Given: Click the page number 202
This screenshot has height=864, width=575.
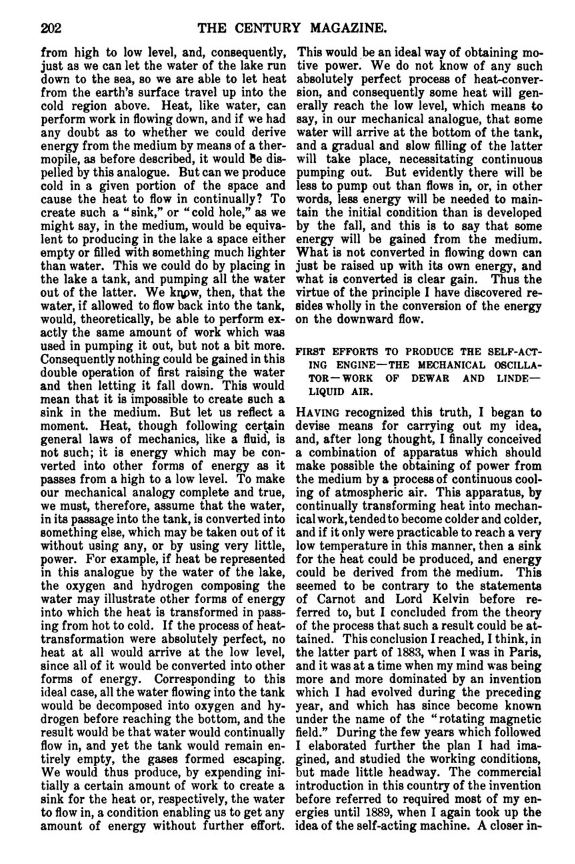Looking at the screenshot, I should click(51, 28).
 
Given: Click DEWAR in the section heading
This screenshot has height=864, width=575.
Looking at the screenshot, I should click(430, 378).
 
